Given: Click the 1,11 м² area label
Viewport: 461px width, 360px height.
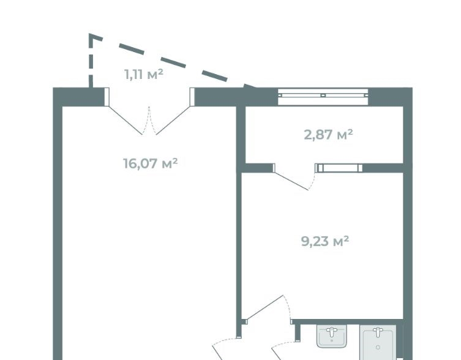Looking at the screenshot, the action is coord(144,74).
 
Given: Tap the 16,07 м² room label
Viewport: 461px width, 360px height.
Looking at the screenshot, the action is coord(150,163).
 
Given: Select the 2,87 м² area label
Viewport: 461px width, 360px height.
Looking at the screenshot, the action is coord(328,135).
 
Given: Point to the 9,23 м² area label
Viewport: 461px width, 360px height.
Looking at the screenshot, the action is coord(325,241).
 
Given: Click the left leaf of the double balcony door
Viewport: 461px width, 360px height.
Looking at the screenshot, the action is coord(126,120).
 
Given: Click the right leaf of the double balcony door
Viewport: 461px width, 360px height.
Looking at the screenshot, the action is coord(173,120).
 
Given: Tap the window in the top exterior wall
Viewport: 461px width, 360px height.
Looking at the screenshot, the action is coord(323,96).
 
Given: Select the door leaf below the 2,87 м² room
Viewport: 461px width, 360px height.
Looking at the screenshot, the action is coord(291,181).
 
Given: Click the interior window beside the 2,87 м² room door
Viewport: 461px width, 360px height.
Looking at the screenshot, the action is coord(339,168).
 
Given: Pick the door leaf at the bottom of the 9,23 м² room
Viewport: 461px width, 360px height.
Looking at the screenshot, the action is coord(264,307).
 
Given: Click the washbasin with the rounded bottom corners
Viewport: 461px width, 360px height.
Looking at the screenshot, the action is coord(332,336).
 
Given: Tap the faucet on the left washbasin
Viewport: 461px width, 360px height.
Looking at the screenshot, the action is coord(332,331).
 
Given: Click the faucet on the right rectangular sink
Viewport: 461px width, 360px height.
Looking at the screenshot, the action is coord(378,332).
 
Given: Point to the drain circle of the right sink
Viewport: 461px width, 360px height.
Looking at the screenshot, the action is coord(378,347).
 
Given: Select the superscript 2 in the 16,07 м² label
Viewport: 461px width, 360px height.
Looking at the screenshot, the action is coord(174,160).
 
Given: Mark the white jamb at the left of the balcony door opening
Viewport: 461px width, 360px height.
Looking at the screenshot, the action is coord(107,97).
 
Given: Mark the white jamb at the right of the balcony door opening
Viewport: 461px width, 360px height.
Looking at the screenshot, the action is coord(192,97).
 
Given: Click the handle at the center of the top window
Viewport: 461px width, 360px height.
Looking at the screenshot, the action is coord(323,96).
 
